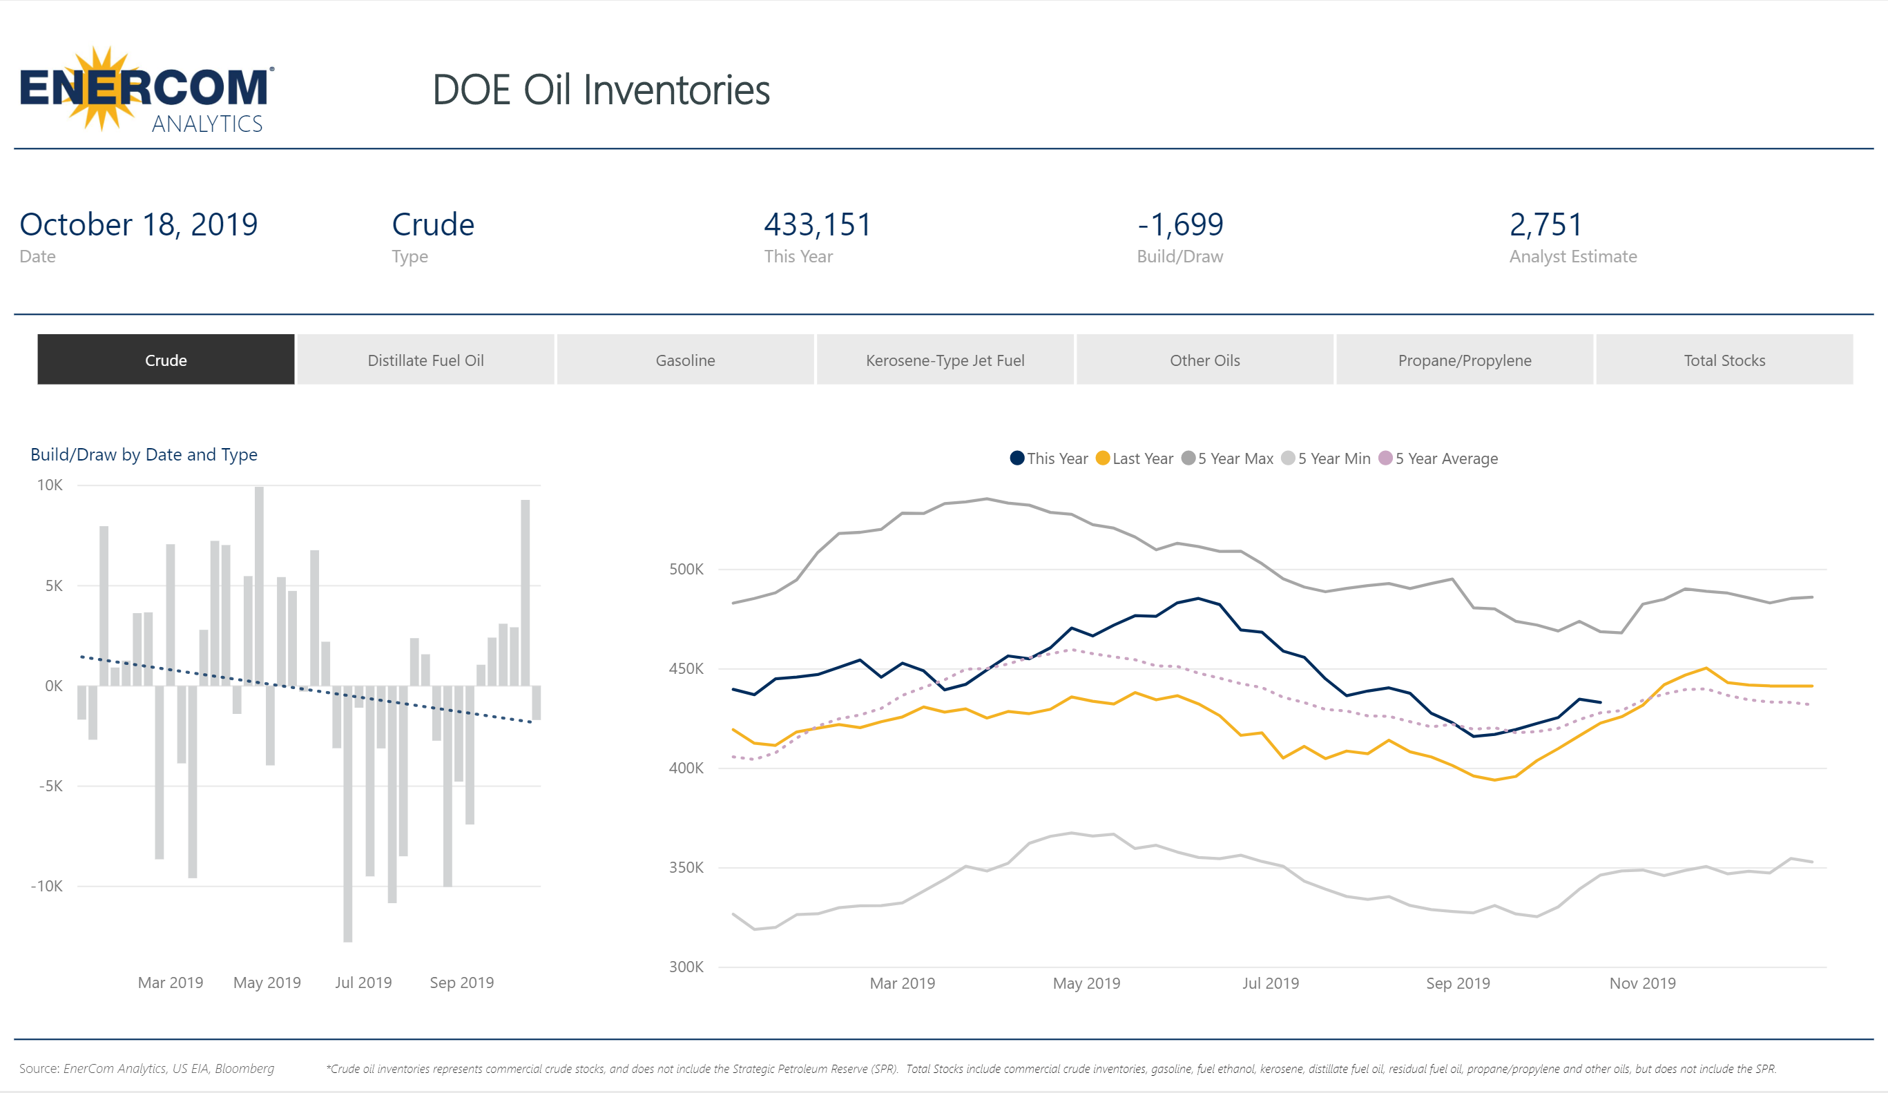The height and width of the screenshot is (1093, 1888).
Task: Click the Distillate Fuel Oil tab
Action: [425, 360]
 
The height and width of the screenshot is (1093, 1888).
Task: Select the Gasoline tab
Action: [685, 360]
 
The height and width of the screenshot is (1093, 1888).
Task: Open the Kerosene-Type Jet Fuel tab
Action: [945, 360]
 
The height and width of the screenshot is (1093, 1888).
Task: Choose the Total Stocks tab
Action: [1724, 360]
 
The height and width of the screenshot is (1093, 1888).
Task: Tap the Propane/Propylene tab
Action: [1464, 360]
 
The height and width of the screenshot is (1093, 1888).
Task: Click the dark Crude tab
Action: [166, 360]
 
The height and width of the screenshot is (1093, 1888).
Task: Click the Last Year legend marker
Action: [1102, 458]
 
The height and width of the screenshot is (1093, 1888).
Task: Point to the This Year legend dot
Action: [1017, 458]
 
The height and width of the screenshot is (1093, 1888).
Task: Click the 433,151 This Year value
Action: [818, 224]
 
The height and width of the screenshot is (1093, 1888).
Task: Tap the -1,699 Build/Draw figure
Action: [1180, 224]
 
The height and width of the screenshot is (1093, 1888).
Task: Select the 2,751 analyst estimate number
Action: [1545, 224]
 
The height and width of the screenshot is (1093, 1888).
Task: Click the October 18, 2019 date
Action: [139, 224]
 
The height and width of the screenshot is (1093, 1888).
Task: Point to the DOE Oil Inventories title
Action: [601, 90]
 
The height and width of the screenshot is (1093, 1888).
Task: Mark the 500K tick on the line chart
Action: [686, 569]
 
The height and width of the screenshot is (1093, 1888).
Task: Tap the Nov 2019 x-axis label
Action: [1641, 983]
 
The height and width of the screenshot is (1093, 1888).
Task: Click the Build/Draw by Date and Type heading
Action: [144, 454]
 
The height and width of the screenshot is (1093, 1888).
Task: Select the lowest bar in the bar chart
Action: [347, 813]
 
